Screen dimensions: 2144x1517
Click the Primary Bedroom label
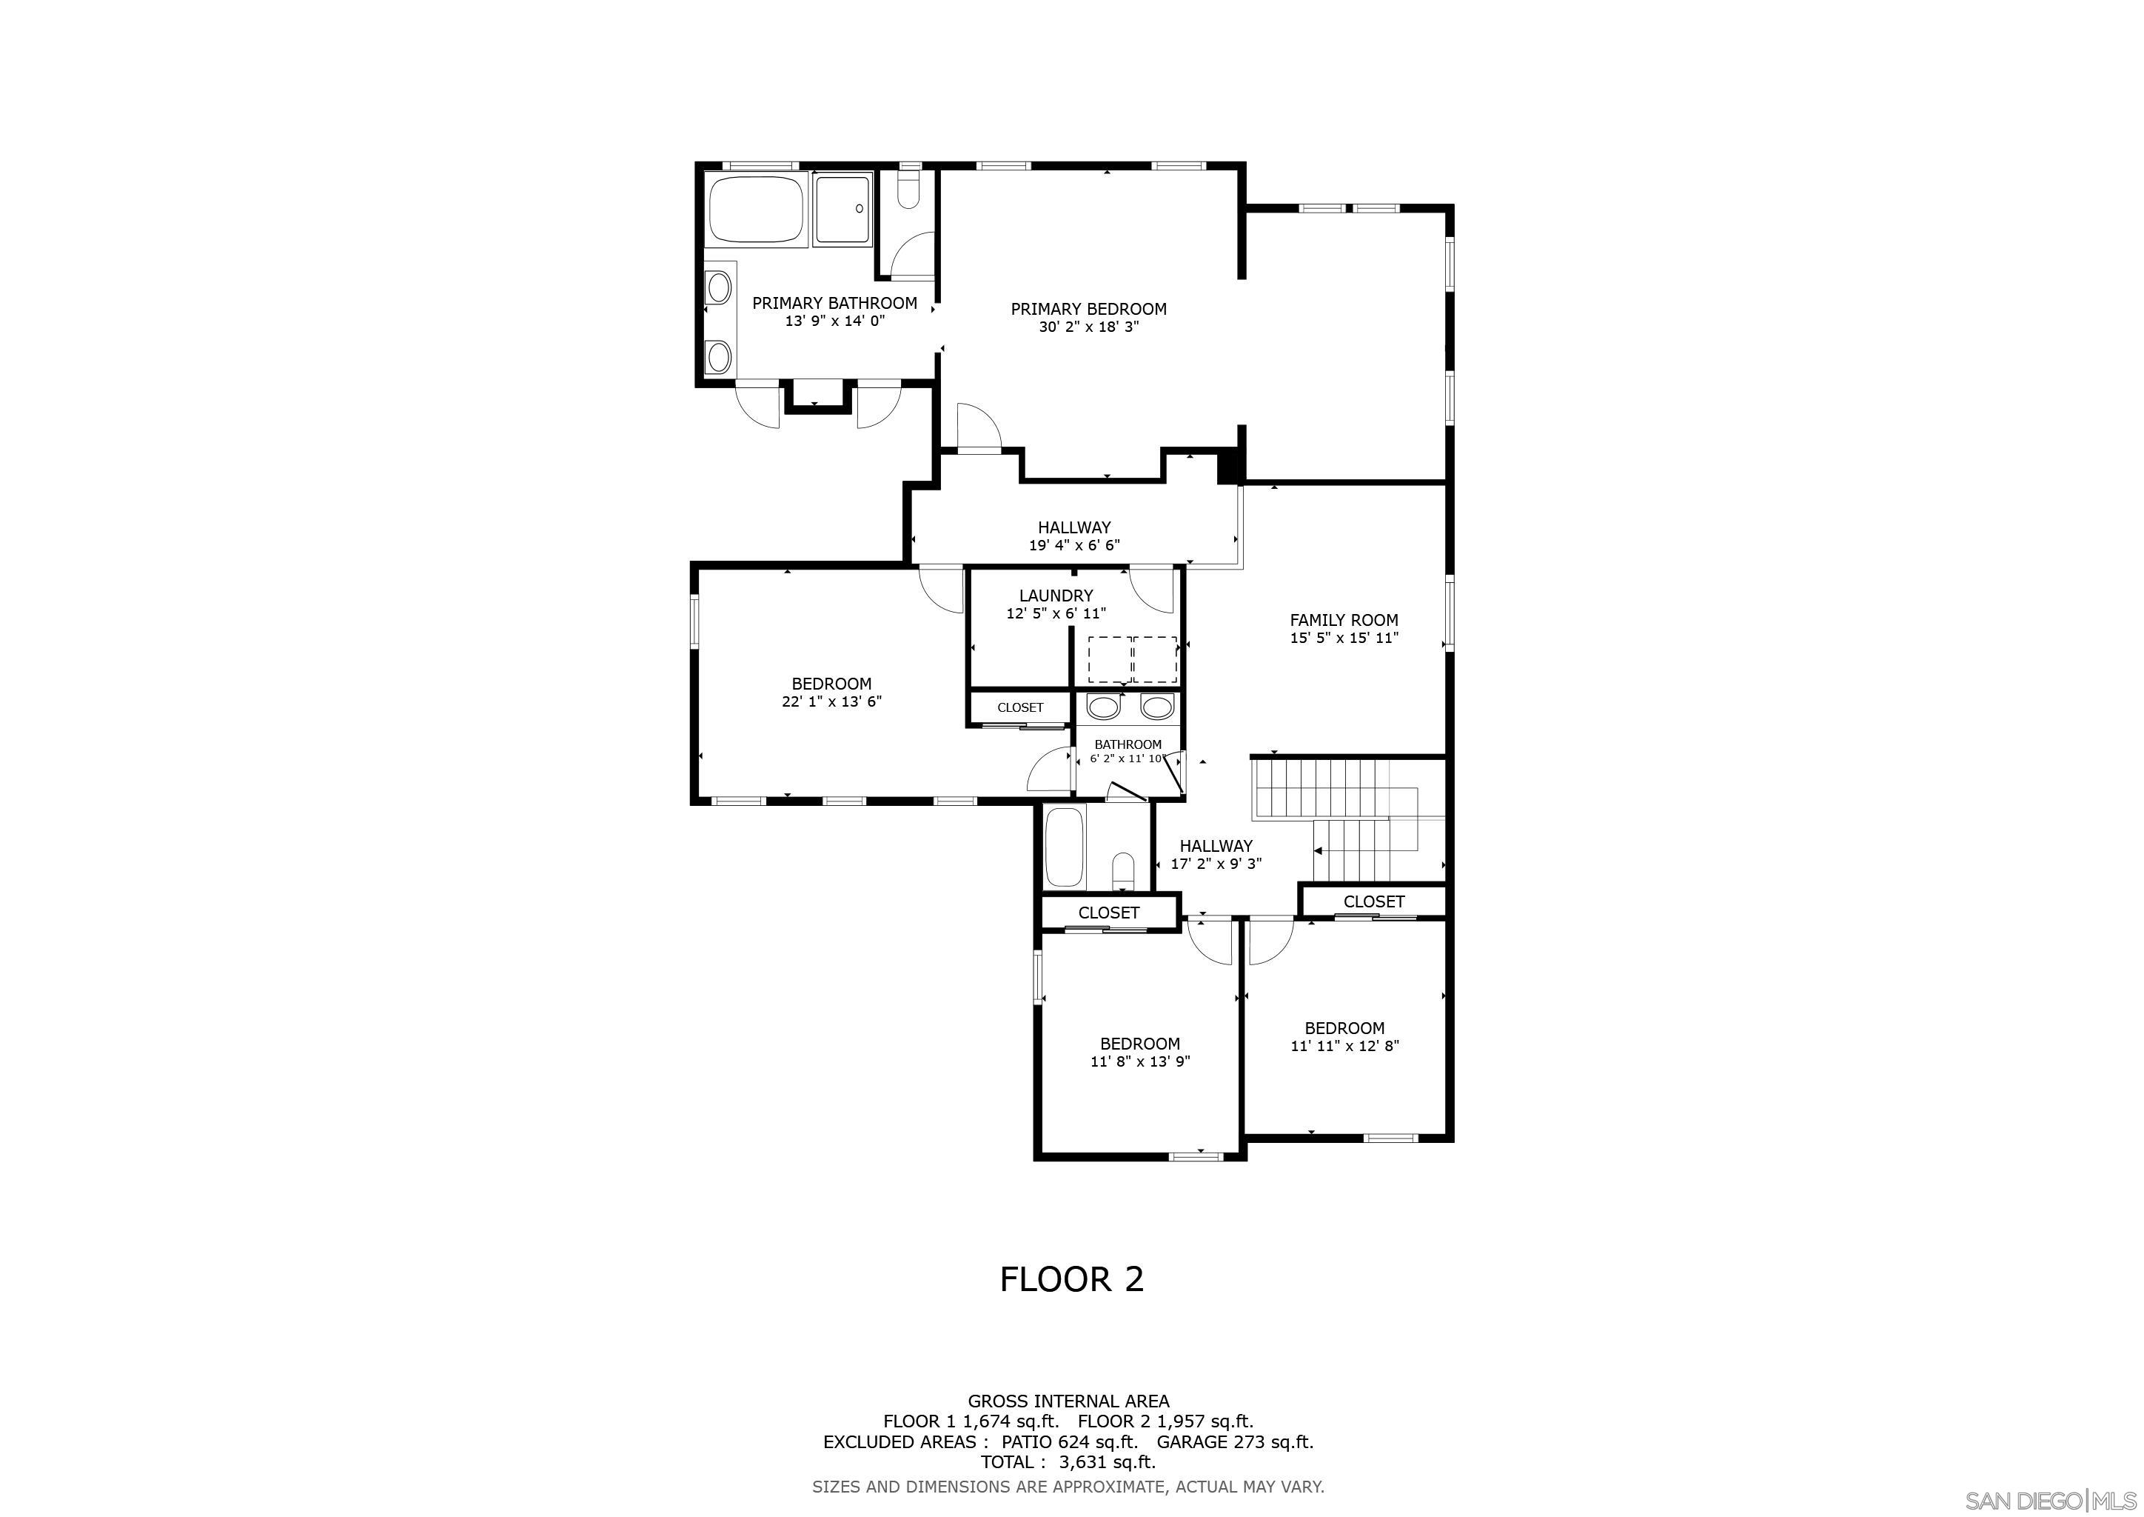tap(1089, 309)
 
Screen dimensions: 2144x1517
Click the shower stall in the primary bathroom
tap(843, 209)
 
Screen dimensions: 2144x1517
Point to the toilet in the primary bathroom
tap(908, 189)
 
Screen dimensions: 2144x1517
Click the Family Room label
tap(1344, 620)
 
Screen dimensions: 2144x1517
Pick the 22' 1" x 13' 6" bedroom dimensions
tap(831, 701)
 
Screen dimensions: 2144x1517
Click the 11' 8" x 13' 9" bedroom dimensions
tap(1140, 1062)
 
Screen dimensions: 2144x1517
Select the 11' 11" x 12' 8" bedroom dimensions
tap(1344, 1046)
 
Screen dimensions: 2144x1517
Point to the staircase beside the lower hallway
tap(1348, 820)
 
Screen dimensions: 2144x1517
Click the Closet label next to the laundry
tap(1019, 708)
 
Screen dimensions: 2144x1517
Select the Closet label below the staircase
tap(1373, 902)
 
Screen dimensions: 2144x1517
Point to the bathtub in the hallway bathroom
tap(1065, 848)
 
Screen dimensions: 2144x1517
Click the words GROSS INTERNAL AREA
tap(1068, 1401)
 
